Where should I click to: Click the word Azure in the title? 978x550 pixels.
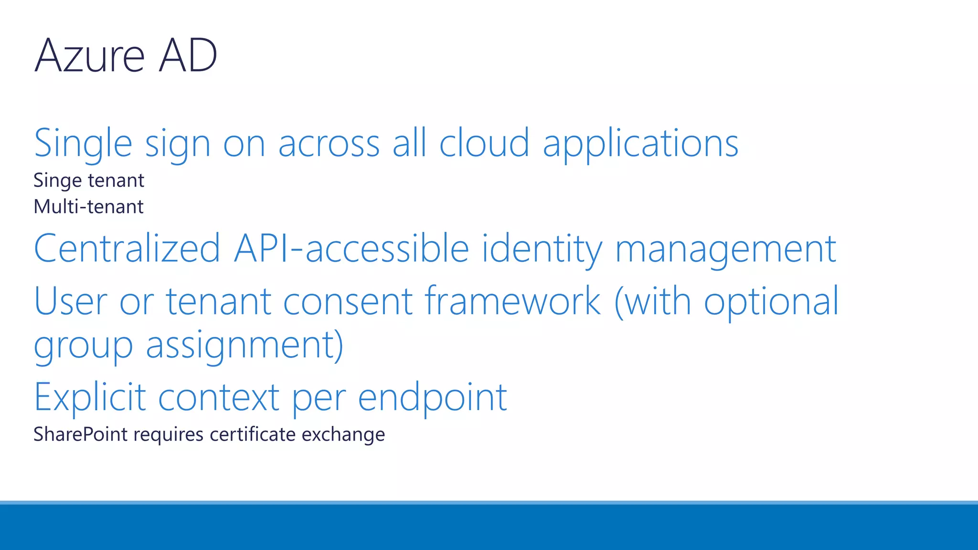coord(89,56)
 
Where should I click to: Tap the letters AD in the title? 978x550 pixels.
coord(188,56)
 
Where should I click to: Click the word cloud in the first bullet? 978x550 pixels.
coord(484,143)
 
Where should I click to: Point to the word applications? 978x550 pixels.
coord(640,143)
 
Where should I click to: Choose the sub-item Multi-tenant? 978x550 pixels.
coord(88,207)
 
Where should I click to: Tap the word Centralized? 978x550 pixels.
coord(127,249)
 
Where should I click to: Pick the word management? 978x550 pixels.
coord(725,249)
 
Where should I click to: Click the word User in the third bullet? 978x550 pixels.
coord(71,301)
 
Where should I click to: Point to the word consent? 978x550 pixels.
coord(348,301)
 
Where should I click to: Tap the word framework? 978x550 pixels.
coord(512,301)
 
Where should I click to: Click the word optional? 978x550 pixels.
coord(771,301)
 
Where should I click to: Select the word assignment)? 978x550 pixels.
coord(244,345)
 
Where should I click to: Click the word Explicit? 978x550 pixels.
coord(90,397)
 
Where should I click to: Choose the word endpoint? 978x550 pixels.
coord(432,397)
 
